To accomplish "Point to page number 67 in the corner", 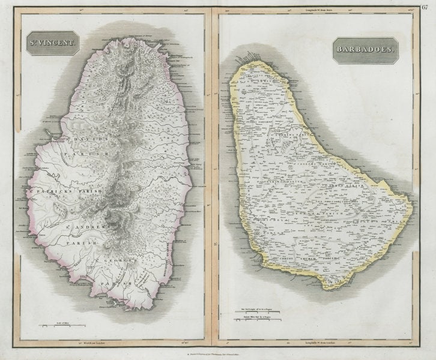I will (426, 7).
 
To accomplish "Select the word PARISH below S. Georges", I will (114, 281).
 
